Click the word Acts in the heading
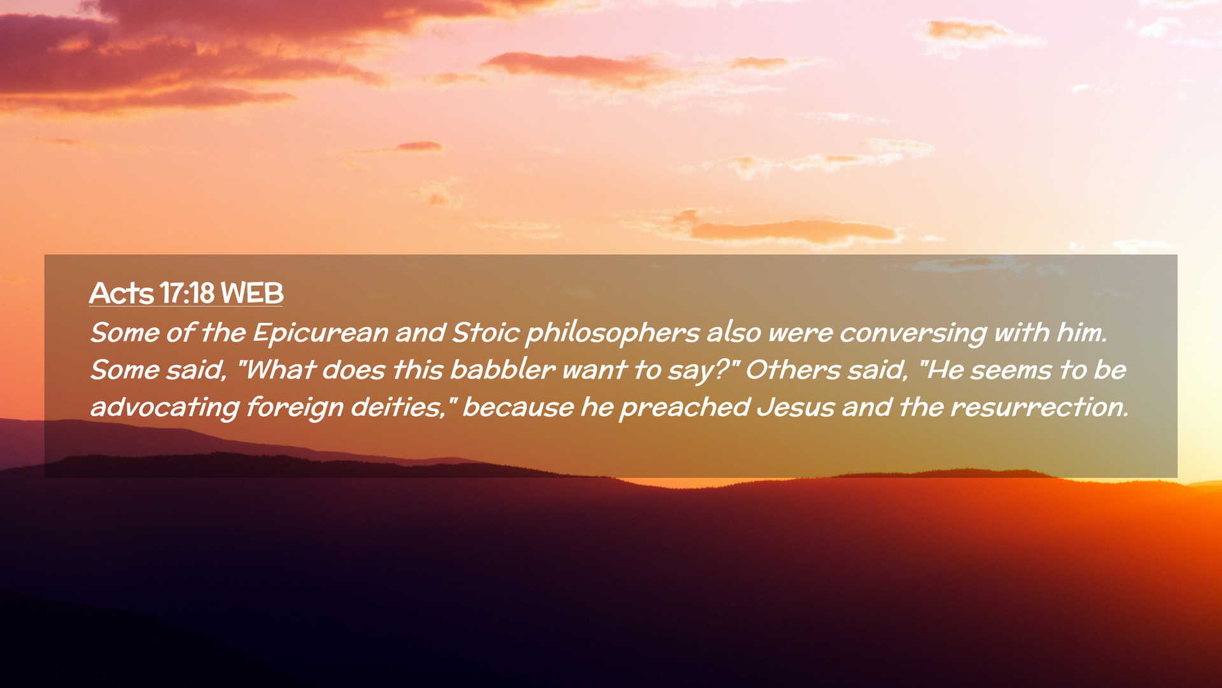coord(122,293)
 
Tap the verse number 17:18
coord(187,293)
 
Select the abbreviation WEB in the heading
coord(252,293)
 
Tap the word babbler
coord(503,369)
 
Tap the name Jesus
coord(796,406)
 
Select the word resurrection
coord(1039,406)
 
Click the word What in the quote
coord(279,369)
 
